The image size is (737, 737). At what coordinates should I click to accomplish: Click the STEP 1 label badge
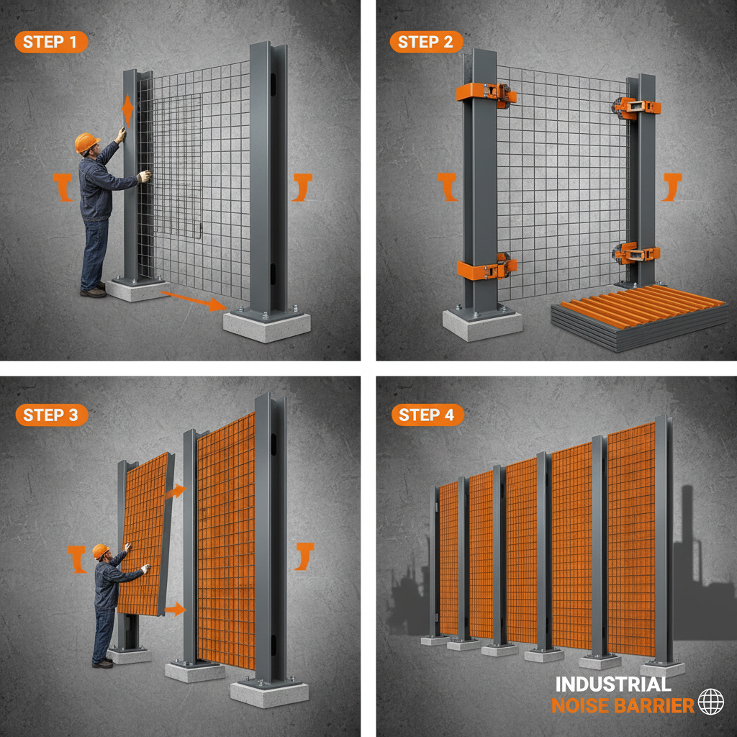coord(50,42)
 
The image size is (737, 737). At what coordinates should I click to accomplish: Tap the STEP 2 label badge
coord(426,42)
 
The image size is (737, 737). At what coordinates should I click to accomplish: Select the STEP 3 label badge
coord(50,415)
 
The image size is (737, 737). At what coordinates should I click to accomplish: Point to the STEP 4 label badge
coord(426,415)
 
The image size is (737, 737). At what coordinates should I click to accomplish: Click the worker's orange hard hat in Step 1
coord(86,142)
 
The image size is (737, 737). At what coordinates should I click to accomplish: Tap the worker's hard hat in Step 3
coord(100,551)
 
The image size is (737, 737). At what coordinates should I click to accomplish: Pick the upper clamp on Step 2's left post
coord(486,93)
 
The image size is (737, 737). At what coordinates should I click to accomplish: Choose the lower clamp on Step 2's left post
coord(486,268)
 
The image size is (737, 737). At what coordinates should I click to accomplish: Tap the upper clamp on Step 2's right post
coord(637,107)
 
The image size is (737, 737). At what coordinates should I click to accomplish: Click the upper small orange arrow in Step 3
coord(175,492)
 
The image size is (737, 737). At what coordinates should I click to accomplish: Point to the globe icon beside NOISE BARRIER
coord(711,702)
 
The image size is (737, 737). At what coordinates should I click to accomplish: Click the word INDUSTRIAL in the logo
coord(612,684)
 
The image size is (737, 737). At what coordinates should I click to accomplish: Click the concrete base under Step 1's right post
coord(266,325)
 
